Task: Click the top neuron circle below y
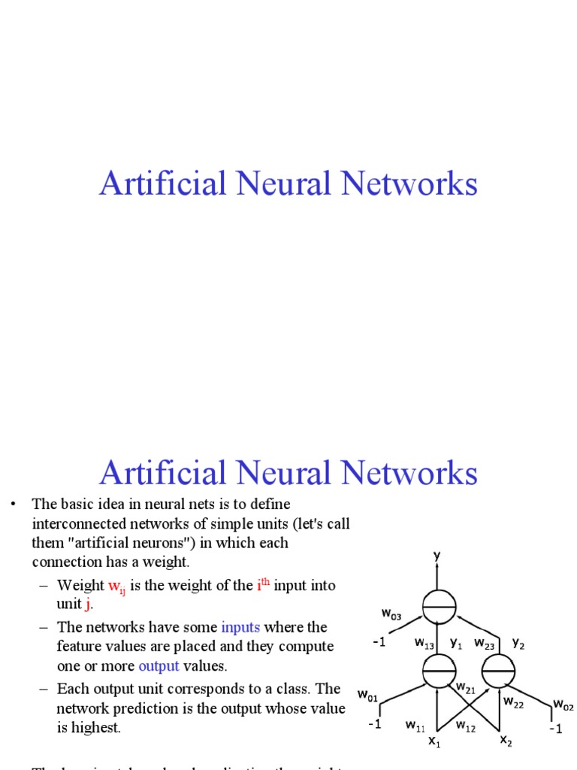click(440, 607)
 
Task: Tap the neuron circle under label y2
click(497, 669)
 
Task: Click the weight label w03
click(391, 614)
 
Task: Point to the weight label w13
click(424, 644)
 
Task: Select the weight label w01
click(367, 697)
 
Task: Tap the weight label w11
click(415, 726)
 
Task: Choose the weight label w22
click(514, 702)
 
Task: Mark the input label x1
click(434, 742)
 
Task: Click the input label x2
click(506, 741)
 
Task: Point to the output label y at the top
click(437, 556)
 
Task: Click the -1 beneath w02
click(555, 729)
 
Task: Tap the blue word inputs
click(240, 627)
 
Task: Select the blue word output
click(159, 666)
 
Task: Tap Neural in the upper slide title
click(288, 184)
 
